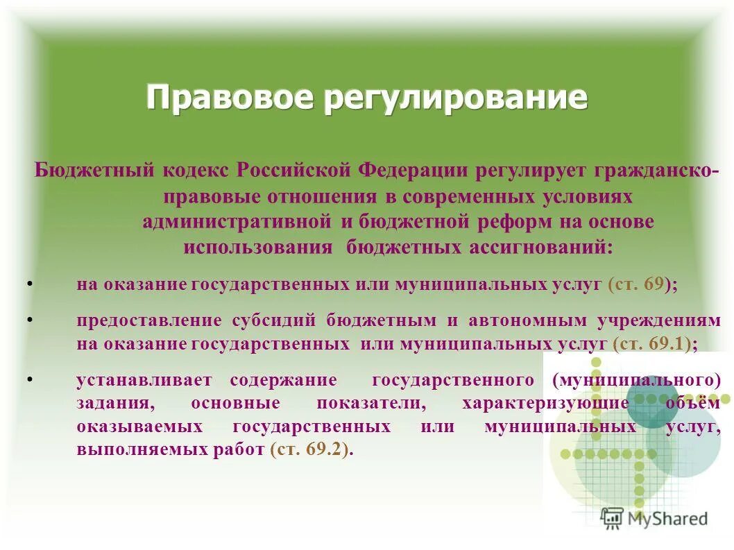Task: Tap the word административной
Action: click(x=236, y=222)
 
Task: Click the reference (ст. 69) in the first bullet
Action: click(x=638, y=284)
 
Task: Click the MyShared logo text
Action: click(x=667, y=518)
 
